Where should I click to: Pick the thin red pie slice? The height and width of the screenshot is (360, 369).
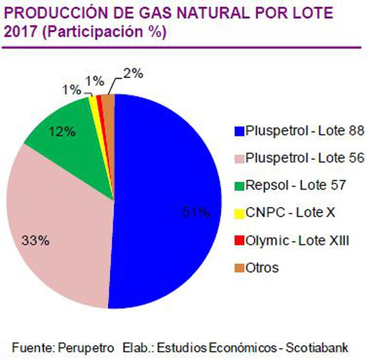pos(100,109)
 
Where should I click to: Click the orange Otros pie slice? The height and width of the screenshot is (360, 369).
pos(108,107)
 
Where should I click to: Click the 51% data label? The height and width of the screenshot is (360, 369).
pos(196,212)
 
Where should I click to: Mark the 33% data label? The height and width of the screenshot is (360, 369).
pos(35,241)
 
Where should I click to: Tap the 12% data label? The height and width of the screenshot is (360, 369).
pos(63,132)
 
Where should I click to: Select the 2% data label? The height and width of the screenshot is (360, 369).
pos(133,74)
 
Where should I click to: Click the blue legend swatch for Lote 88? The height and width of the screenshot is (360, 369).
pos(239,131)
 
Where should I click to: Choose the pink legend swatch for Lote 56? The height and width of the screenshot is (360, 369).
pos(239,158)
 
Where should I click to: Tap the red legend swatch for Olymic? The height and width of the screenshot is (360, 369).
pos(239,240)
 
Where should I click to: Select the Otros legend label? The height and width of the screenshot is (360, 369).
pos(262,268)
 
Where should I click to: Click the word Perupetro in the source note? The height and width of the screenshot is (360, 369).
pos(86,347)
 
